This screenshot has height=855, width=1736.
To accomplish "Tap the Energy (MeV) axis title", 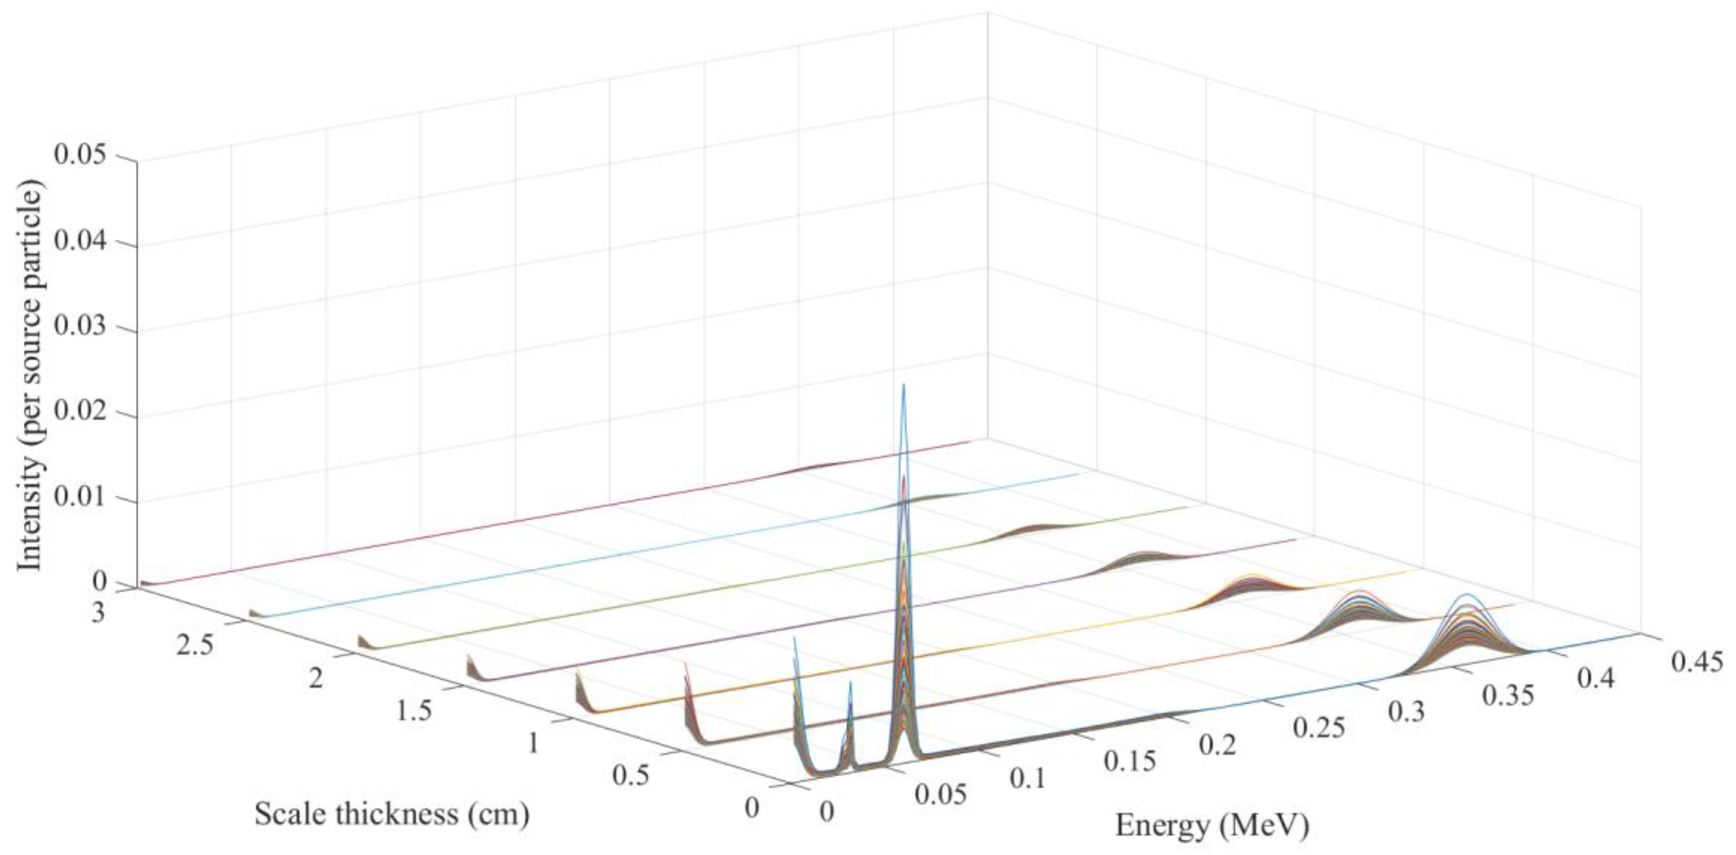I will pos(1212,825).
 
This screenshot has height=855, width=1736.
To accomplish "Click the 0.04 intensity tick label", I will pos(83,242).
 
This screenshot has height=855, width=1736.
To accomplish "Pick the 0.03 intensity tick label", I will pos(83,328).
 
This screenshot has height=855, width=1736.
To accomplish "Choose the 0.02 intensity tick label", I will pos(83,413).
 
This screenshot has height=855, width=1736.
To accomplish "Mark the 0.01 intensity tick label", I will pos(83,499).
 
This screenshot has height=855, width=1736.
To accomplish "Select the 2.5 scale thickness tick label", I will pos(194,645).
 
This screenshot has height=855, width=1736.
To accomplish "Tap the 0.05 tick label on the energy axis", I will pos(940,794).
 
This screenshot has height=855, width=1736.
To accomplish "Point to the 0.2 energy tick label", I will pos(1218,745).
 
